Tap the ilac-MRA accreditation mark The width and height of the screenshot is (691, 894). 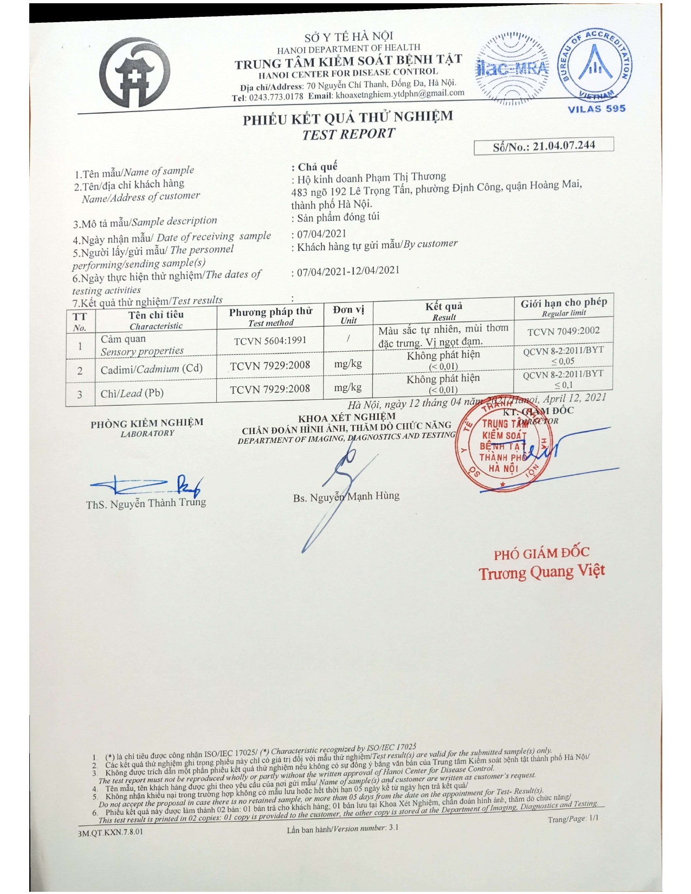512,69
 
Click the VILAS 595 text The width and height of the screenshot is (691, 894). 596,108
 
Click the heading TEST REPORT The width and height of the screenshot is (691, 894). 348,134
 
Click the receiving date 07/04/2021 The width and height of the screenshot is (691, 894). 321,234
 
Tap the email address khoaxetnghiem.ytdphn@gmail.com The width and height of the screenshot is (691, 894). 400,94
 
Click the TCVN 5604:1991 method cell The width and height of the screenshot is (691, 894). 270,341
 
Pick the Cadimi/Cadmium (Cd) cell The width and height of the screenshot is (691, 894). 151,369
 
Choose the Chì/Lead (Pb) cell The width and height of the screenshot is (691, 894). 132,393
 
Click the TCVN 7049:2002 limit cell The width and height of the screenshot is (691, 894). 563,331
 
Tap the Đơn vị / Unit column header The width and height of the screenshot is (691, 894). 348,314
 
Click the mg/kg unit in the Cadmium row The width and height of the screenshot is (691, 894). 348,364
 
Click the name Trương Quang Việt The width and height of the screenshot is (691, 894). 541,572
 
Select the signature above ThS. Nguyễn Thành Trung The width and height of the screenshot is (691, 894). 146,484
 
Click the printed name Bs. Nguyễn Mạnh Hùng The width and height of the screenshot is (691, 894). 346,496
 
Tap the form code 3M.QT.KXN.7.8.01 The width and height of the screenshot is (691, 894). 111,831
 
